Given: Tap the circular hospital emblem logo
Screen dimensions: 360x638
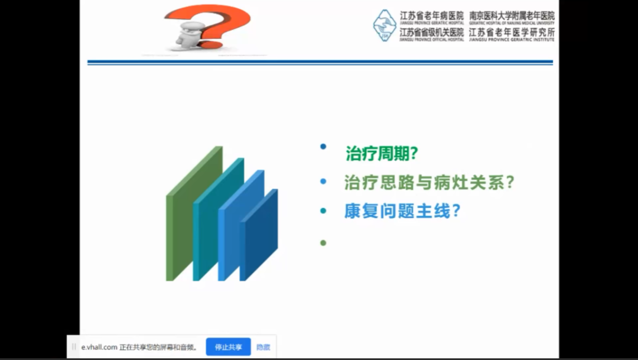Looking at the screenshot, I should pyautogui.click(x=385, y=25).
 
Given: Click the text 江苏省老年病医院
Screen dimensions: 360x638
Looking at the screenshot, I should pyautogui.click(x=432, y=16).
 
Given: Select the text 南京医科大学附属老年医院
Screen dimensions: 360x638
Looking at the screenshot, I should pyautogui.click(x=512, y=16).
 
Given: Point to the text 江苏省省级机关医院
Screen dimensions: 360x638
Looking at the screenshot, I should pyautogui.click(x=432, y=33).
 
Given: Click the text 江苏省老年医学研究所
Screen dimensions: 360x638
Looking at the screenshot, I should pyautogui.click(x=512, y=33).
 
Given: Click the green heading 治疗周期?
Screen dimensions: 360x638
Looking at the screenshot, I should pyautogui.click(x=382, y=154).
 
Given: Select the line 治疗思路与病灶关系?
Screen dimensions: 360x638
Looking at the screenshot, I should pyautogui.click(x=429, y=182).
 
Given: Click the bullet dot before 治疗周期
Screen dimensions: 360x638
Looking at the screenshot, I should pyautogui.click(x=323, y=146).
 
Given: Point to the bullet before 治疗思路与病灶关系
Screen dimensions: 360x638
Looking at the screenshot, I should pyautogui.click(x=323, y=181).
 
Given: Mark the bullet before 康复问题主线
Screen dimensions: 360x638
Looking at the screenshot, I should pyautogui.click(x=323, y=210).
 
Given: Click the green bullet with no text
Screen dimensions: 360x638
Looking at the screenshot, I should pyautogui.click(x=323, y=242).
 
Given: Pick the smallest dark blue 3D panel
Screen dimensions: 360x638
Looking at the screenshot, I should pyautogui.click(x=260, y=236).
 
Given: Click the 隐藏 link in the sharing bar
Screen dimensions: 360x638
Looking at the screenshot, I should pyautogui.click(x=263, y=347).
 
